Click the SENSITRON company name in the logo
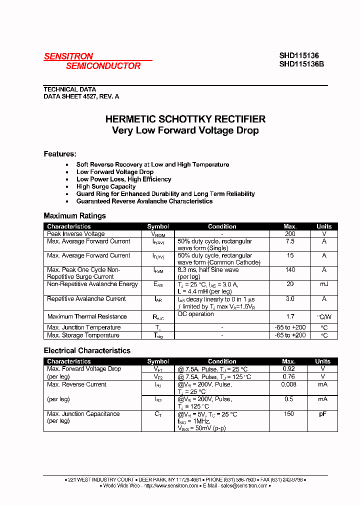(x=68, y=56)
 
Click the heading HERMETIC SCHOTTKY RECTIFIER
(x=185, y=119)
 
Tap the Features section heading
(x=60, y=154)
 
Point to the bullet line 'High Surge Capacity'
(x=106, y=186)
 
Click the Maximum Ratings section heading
(x=75, y=216)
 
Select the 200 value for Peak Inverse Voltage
(x=290, y=234)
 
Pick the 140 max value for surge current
(x=290, y=270)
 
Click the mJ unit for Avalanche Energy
(x=324, y=284)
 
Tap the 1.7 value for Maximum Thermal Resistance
(x=290, y=316)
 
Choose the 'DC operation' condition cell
(x=195, y=314)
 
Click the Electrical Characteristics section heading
(x=87, y=350)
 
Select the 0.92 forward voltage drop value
(x=289, y=369)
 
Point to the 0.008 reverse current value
(x=289, y=384)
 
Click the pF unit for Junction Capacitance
(x=323, y=414)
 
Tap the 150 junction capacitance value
(x=289, y=414)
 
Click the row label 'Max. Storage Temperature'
(x=83, y=335)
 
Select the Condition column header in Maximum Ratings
(x=222, y=226)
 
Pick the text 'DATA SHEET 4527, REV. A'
(x=81, y=96)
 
